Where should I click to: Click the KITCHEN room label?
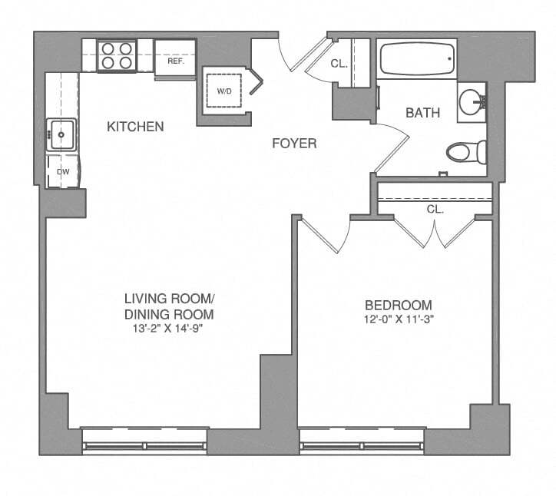click(x=135, y=126)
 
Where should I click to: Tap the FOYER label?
click(x=295, y=144)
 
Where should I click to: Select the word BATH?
click(x=422, y=113)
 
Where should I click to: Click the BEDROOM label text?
click(x=398, y=305)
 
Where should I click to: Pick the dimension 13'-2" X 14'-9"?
click(x=168, y=329)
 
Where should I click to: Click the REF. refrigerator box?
click(x=176, y=59)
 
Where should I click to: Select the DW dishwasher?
click(x=63, y=172)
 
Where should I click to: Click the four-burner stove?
click(x=117, y=55)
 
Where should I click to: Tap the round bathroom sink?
click(x=472, y=101)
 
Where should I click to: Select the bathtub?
click(x=416, y=58)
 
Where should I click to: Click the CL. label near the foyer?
click(x=339, y=64)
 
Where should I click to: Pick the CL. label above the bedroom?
click(x=435, y=208)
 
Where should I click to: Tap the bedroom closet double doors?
click(x=435, y=231)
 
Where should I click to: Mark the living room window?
click(x=144, y=438)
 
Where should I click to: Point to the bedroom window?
click(x=362, y=438)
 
